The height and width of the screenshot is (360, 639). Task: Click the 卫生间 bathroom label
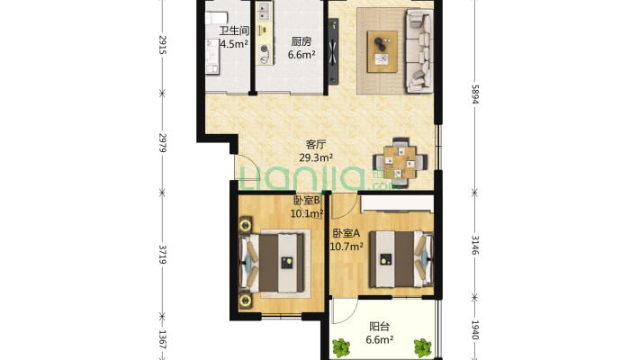pyautogui.click(x=234, y=31)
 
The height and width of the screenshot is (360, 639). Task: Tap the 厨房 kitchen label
pyautogui.click(x=301, y=41)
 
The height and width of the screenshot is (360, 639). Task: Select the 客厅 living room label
pyautogui.click(x=316, y=144)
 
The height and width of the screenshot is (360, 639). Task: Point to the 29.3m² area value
pyautogui.click(x=316, y=157)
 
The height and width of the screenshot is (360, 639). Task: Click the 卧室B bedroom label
pyautogui.click(x=307, y=200)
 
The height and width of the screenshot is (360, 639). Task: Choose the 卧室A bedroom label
pyautogui.click(x=346, y=234)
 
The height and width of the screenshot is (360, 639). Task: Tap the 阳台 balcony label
pyautogui.click(x=380, y=327)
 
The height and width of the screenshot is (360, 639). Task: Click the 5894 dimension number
pyautogui.click(x=475, y=94)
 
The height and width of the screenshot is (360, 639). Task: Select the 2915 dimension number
pyautogui.click(x=162, y=45)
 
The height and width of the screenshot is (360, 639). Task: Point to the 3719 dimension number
pyautogui.click(x=162, y=255)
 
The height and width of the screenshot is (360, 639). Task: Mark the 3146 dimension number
pyautogui.click(x=475, y=245)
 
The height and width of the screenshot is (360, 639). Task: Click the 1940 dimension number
pyautogui.click(x=475, y=329)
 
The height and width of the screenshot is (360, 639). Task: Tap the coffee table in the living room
pyautogui.click(x=382, y=52)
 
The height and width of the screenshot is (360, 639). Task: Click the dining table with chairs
pyautogui.click(x=400, y=163)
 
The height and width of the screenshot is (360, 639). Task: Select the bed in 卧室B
pyautogui.click(x=272, y=263)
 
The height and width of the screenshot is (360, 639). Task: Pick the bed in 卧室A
pyautogui.click(x=401, y=259)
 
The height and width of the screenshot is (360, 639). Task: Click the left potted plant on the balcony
pyautogui.click(x=341, y=348)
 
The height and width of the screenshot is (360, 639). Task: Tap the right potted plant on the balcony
pyautogui.click(x=423, y=347)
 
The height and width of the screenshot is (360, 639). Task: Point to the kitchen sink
pyautogui.click(x=264, y=12)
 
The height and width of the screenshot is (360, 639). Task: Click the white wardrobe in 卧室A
pyautogui.click(x=397, y=204)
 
